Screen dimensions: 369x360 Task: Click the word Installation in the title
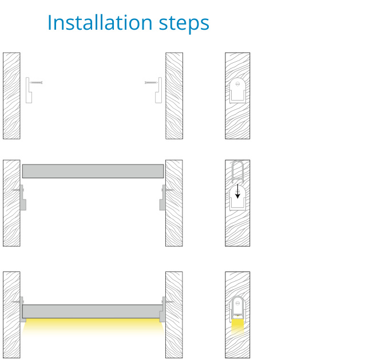click(x=100, y=22)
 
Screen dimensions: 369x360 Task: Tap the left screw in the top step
click(x=36, y=82)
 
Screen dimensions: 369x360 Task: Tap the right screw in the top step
click(x=151, y=82)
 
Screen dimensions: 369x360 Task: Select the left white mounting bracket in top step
click(x=28, y=90)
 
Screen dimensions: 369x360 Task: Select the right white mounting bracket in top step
click(x=159, y=90)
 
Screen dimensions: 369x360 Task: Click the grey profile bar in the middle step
click(x=93, y=171)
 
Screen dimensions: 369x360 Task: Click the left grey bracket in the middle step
click(x=22, y=197)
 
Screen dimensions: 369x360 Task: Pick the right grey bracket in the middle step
click(x=163, y=197)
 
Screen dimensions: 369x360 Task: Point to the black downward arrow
click(x=237, y=191)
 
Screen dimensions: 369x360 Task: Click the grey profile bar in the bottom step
click(x=93, y=311)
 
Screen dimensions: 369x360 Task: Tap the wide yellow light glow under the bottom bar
click(x=93, y=326)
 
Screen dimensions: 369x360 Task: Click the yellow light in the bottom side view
click(x=237, y=326)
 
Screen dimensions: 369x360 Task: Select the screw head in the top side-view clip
click(x=237, y=83)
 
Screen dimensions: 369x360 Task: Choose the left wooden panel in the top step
click(x=11, y=96)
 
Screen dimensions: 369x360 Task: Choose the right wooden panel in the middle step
click(x=174, y=203)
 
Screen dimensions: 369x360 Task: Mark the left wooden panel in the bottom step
click(x=11, y=315)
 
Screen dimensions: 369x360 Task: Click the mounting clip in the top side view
click(x=237, y=91)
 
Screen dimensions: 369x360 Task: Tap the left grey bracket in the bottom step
click(x=22, y=309)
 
